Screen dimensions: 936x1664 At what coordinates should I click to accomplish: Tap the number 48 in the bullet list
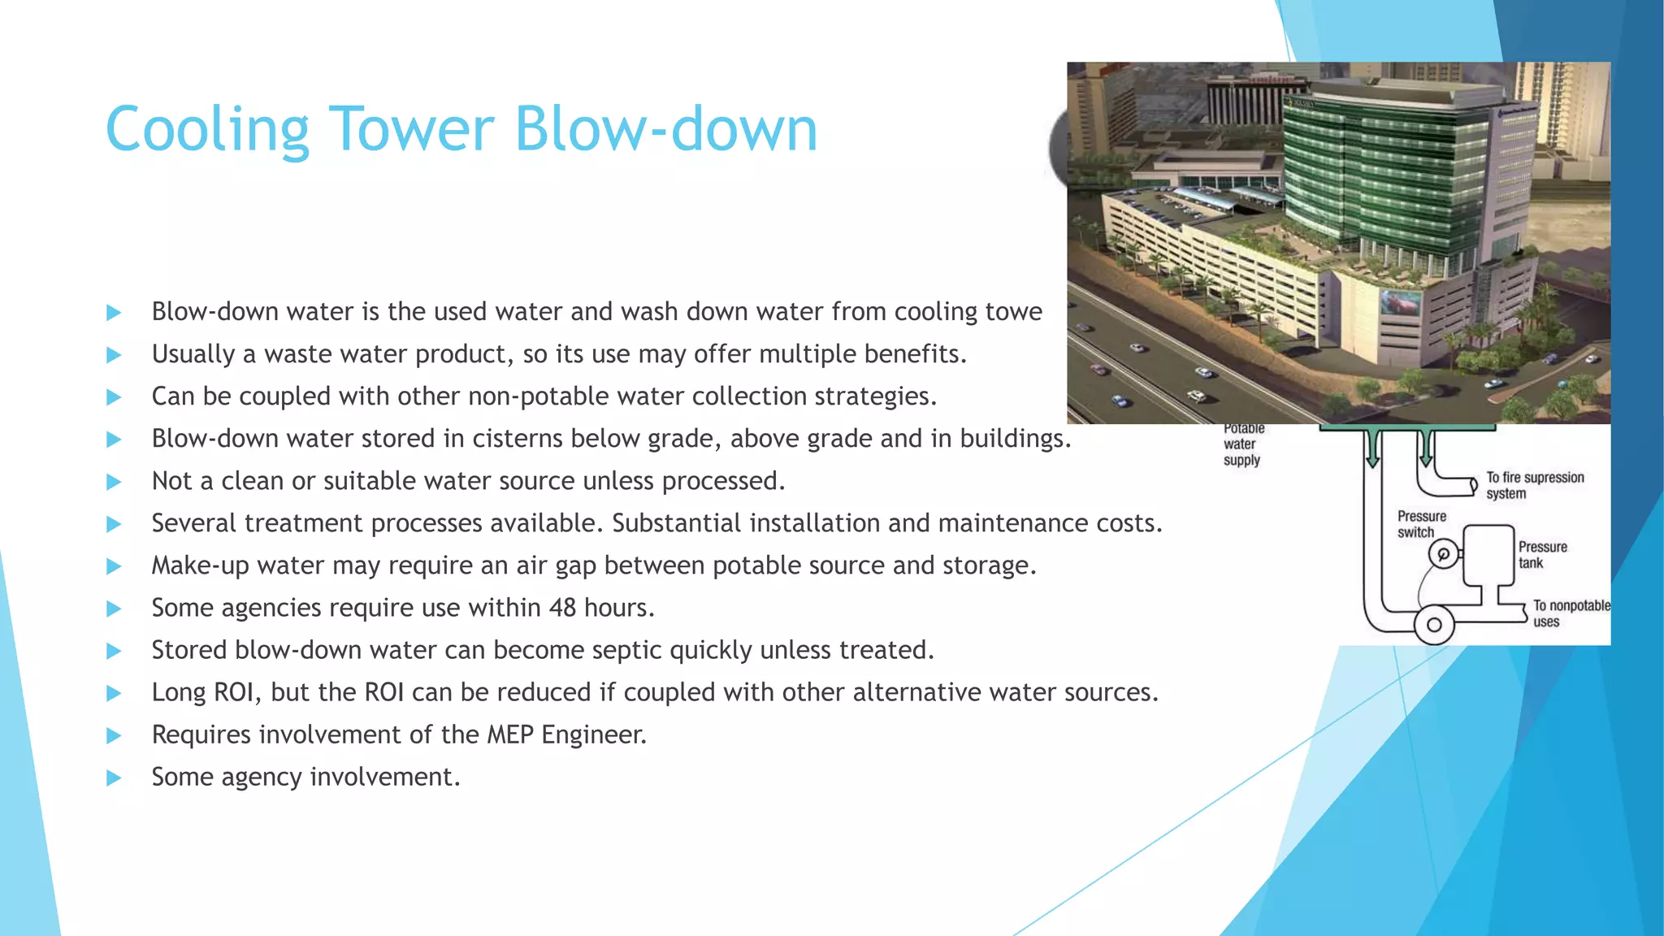pyautogui.click(x=562, y=608)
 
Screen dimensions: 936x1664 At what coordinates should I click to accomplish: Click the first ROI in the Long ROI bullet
pyautogui.click(x=236, y=692)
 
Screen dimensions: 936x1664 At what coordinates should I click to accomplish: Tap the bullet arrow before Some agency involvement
pyautogui.click(x=114, y=778)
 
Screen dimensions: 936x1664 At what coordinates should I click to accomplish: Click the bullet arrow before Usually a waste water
pyautogui.click(x=114, y=355)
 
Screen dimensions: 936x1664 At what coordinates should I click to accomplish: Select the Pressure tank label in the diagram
pyautogui.click(x=1541, y=555)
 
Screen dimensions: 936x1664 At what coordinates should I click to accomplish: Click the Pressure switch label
pyautogui.click(x=1420, y=524)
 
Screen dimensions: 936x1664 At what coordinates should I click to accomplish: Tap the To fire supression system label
pyautogui.click(x=1533, y=485)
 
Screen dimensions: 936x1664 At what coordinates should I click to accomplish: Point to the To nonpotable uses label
pyautogui.click(x=1569, y=613)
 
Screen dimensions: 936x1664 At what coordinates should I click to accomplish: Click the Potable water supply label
pyautogui.click(x=1242, y=444)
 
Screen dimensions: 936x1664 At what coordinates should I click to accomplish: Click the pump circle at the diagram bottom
pyautogui.click(x=1434, y=625)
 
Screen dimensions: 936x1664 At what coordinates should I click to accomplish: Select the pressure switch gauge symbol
pyautogui.click(x=1443, y=555)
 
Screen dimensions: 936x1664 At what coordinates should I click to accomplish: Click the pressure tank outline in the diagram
pyautogui.click(x=1488, y=555)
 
